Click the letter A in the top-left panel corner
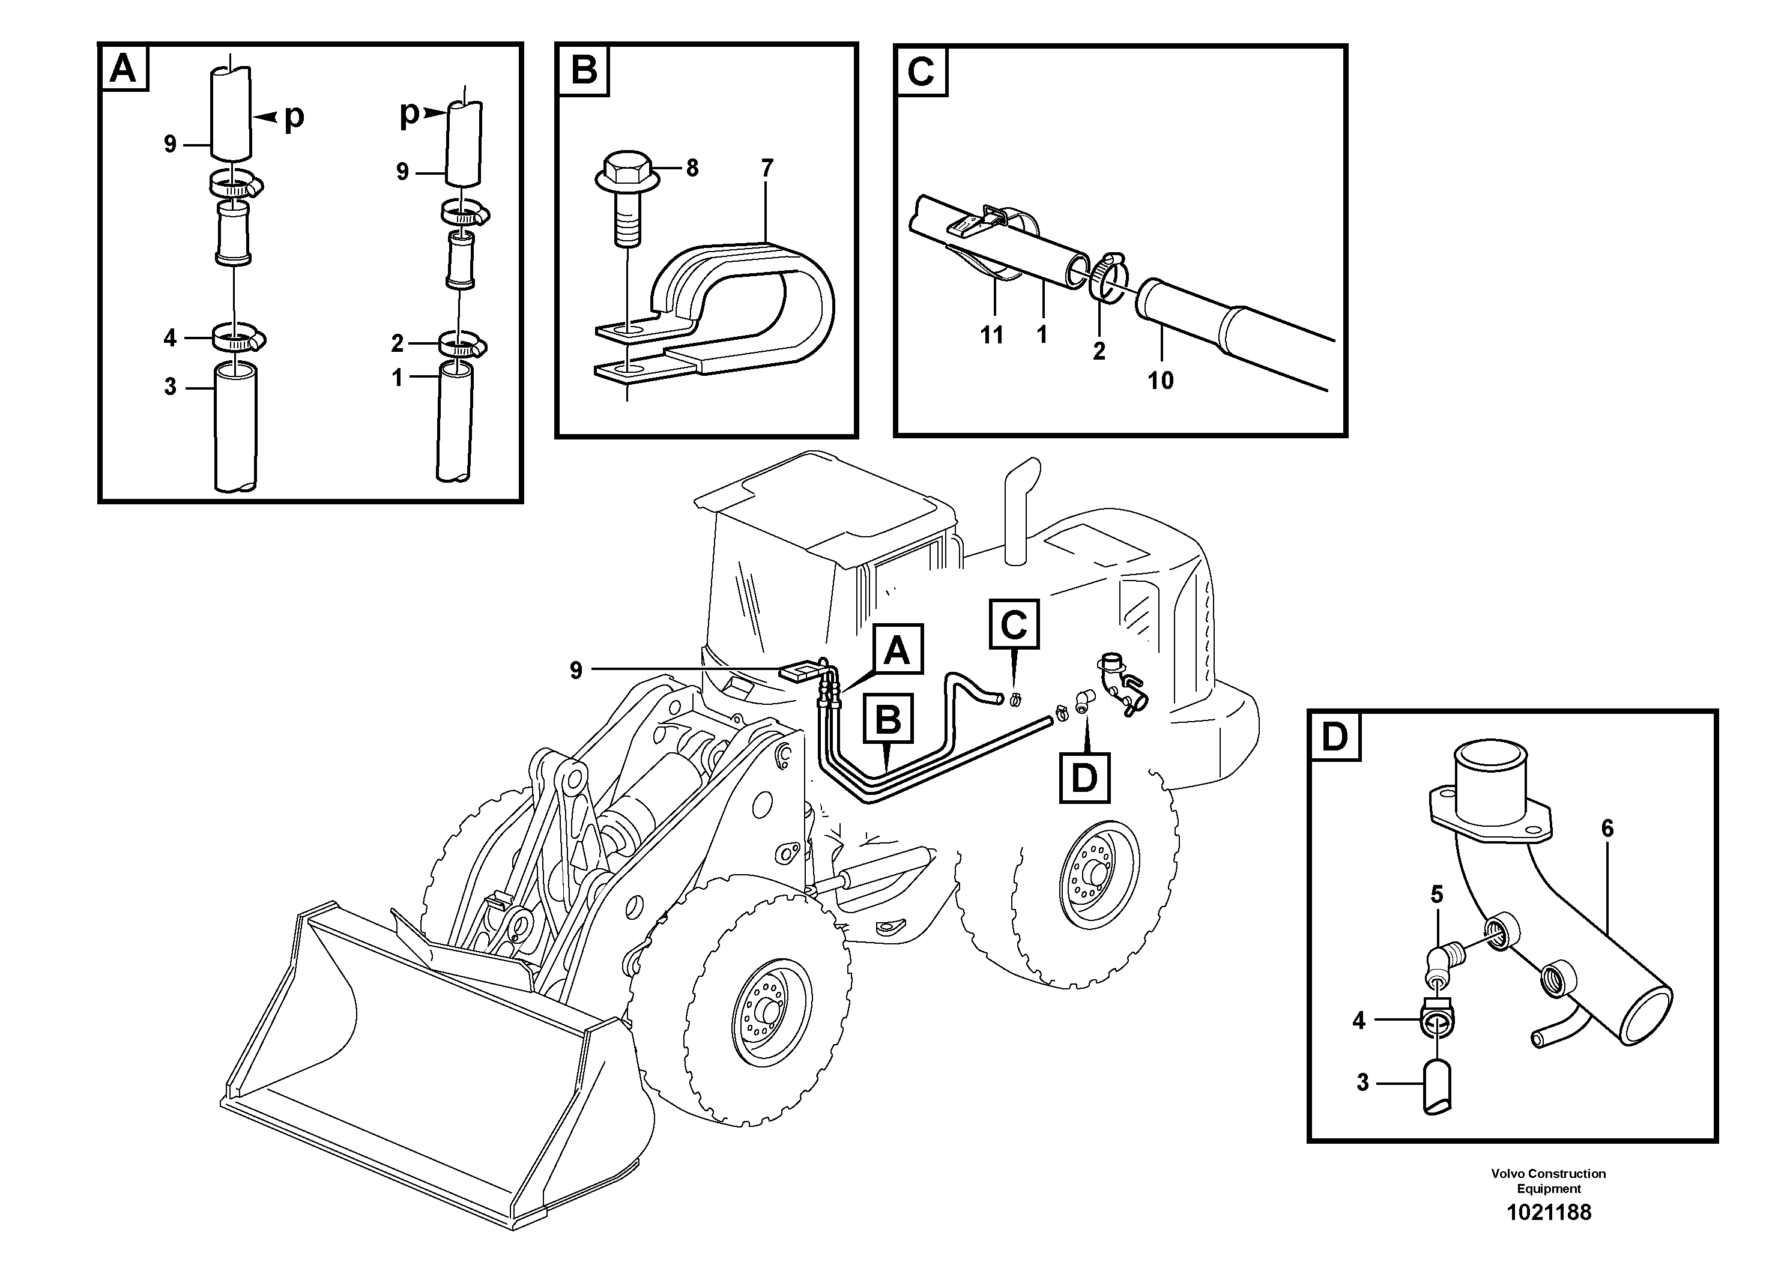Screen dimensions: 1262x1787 coord(123,68)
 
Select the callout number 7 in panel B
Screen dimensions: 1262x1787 coord(767,168)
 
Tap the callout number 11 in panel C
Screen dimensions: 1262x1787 coord(991,336)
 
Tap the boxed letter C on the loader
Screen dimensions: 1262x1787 coord(1014,624)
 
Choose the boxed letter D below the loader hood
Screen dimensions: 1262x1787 coord(1084,777)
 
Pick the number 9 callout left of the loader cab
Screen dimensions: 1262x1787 coord(576,670)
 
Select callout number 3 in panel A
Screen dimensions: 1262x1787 coord(171,387)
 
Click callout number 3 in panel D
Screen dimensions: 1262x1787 coord(1362,1082)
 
